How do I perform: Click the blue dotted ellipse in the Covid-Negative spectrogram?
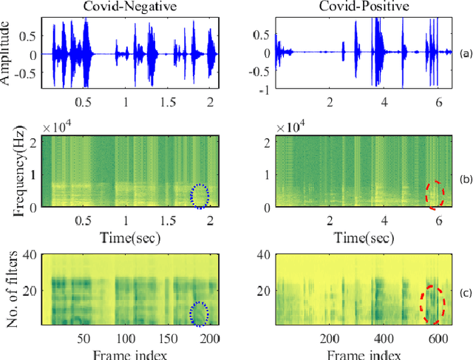200,194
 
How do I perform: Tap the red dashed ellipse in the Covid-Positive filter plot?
432,304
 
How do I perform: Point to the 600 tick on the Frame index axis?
440,338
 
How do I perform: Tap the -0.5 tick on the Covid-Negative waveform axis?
30,74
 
